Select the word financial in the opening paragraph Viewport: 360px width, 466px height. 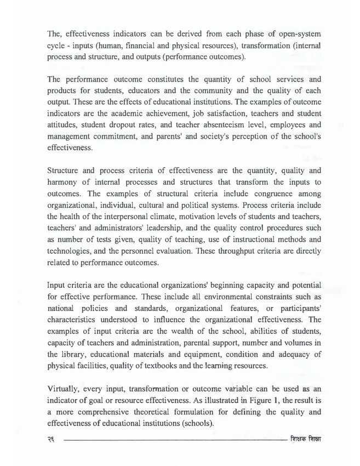point(158,43)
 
